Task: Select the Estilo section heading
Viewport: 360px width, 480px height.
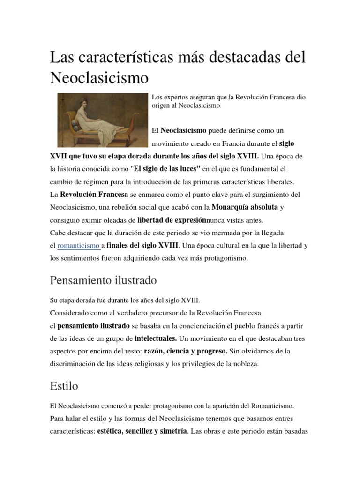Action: click(64, 386)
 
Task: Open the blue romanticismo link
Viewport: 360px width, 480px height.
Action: click(78, 245)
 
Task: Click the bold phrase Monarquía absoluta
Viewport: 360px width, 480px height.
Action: click(245, 207)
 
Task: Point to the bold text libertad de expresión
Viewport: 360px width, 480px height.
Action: click(172, 220)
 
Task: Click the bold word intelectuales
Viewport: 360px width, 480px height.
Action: click(156, 337)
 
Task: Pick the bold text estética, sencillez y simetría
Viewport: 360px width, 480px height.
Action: click(142, 430)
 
